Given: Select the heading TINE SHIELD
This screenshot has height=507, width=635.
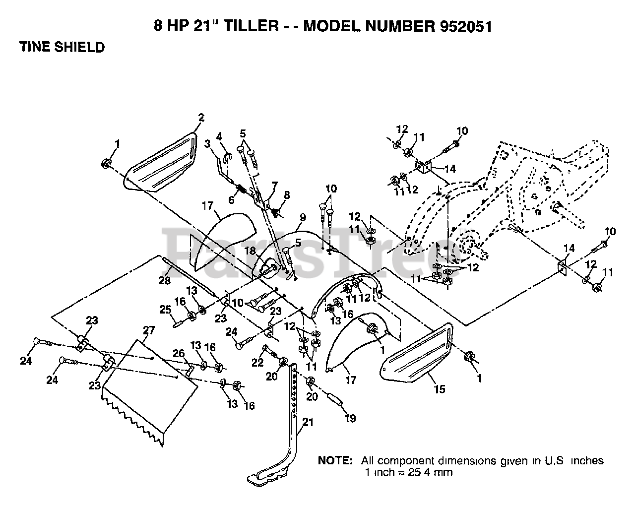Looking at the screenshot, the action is (x=62, y=47).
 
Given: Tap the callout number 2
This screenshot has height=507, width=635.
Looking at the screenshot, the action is (x=201, y=118).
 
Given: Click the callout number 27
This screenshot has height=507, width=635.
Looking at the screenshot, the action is (x=149, y=330).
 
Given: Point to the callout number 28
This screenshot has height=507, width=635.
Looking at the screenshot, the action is (x=164, y=280).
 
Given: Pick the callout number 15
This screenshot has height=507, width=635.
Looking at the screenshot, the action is (x=440, y=389).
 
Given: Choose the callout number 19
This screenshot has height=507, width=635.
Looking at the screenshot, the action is (x=350, y=418).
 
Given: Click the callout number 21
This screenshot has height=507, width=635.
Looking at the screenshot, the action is (x=308, y=422).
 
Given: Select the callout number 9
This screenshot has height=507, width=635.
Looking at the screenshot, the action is (x=303, y=217).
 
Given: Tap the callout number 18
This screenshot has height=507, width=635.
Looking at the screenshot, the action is (x=250, y=251).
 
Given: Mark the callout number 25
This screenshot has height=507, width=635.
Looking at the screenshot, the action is (x=165, y=309).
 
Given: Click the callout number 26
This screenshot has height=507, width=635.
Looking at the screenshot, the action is (x=179, y=353).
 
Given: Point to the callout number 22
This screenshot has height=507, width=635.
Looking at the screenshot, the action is (x=257, y=362).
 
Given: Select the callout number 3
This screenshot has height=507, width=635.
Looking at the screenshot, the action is (x=207, y=144).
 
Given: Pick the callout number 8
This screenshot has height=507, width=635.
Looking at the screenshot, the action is (x=287, y=195).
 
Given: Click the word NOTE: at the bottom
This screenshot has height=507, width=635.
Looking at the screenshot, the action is (x=335, y=460).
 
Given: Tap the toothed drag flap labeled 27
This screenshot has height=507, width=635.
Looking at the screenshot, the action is (x=150, y=392).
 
